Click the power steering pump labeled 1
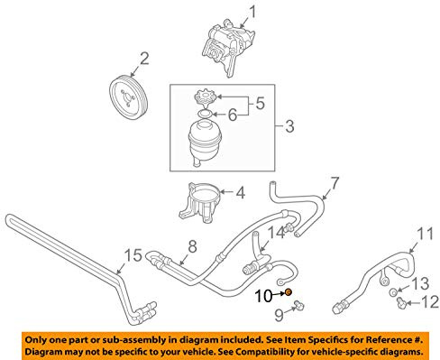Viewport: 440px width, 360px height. pyautogui.click(x=228, y=47)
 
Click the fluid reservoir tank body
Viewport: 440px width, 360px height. pyautogui.click(x=205, y=142)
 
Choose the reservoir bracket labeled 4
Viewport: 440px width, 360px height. pyautogui.click(x=200, y=202)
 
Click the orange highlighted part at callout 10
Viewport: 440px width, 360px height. pyautogui.click(x=289, y=291)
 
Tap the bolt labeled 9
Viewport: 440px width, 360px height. pyautogui.click(x=299, y=305)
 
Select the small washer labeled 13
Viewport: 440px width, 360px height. pyautogui.click(x=393, y=291)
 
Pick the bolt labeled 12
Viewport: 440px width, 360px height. pyautogui.click(x=401, y=302)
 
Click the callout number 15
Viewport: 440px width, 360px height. pyautogui.click(x=133, y=255)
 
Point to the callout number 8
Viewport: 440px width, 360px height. pyautogui.click(x=192, y=246)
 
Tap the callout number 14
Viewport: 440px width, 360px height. pyautogui.click(x=276, y=233)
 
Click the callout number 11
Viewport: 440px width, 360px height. pyautogui.click(x=426, y=234)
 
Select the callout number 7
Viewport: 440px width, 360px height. pyautogui.click(x=335, y=183)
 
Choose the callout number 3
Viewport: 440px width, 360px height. pyautogui.click(x=289, y=126)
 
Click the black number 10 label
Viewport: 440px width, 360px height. pyautogui.click(x=263, y=296)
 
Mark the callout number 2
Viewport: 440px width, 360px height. pyautogui.click(x=144, y=59)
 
